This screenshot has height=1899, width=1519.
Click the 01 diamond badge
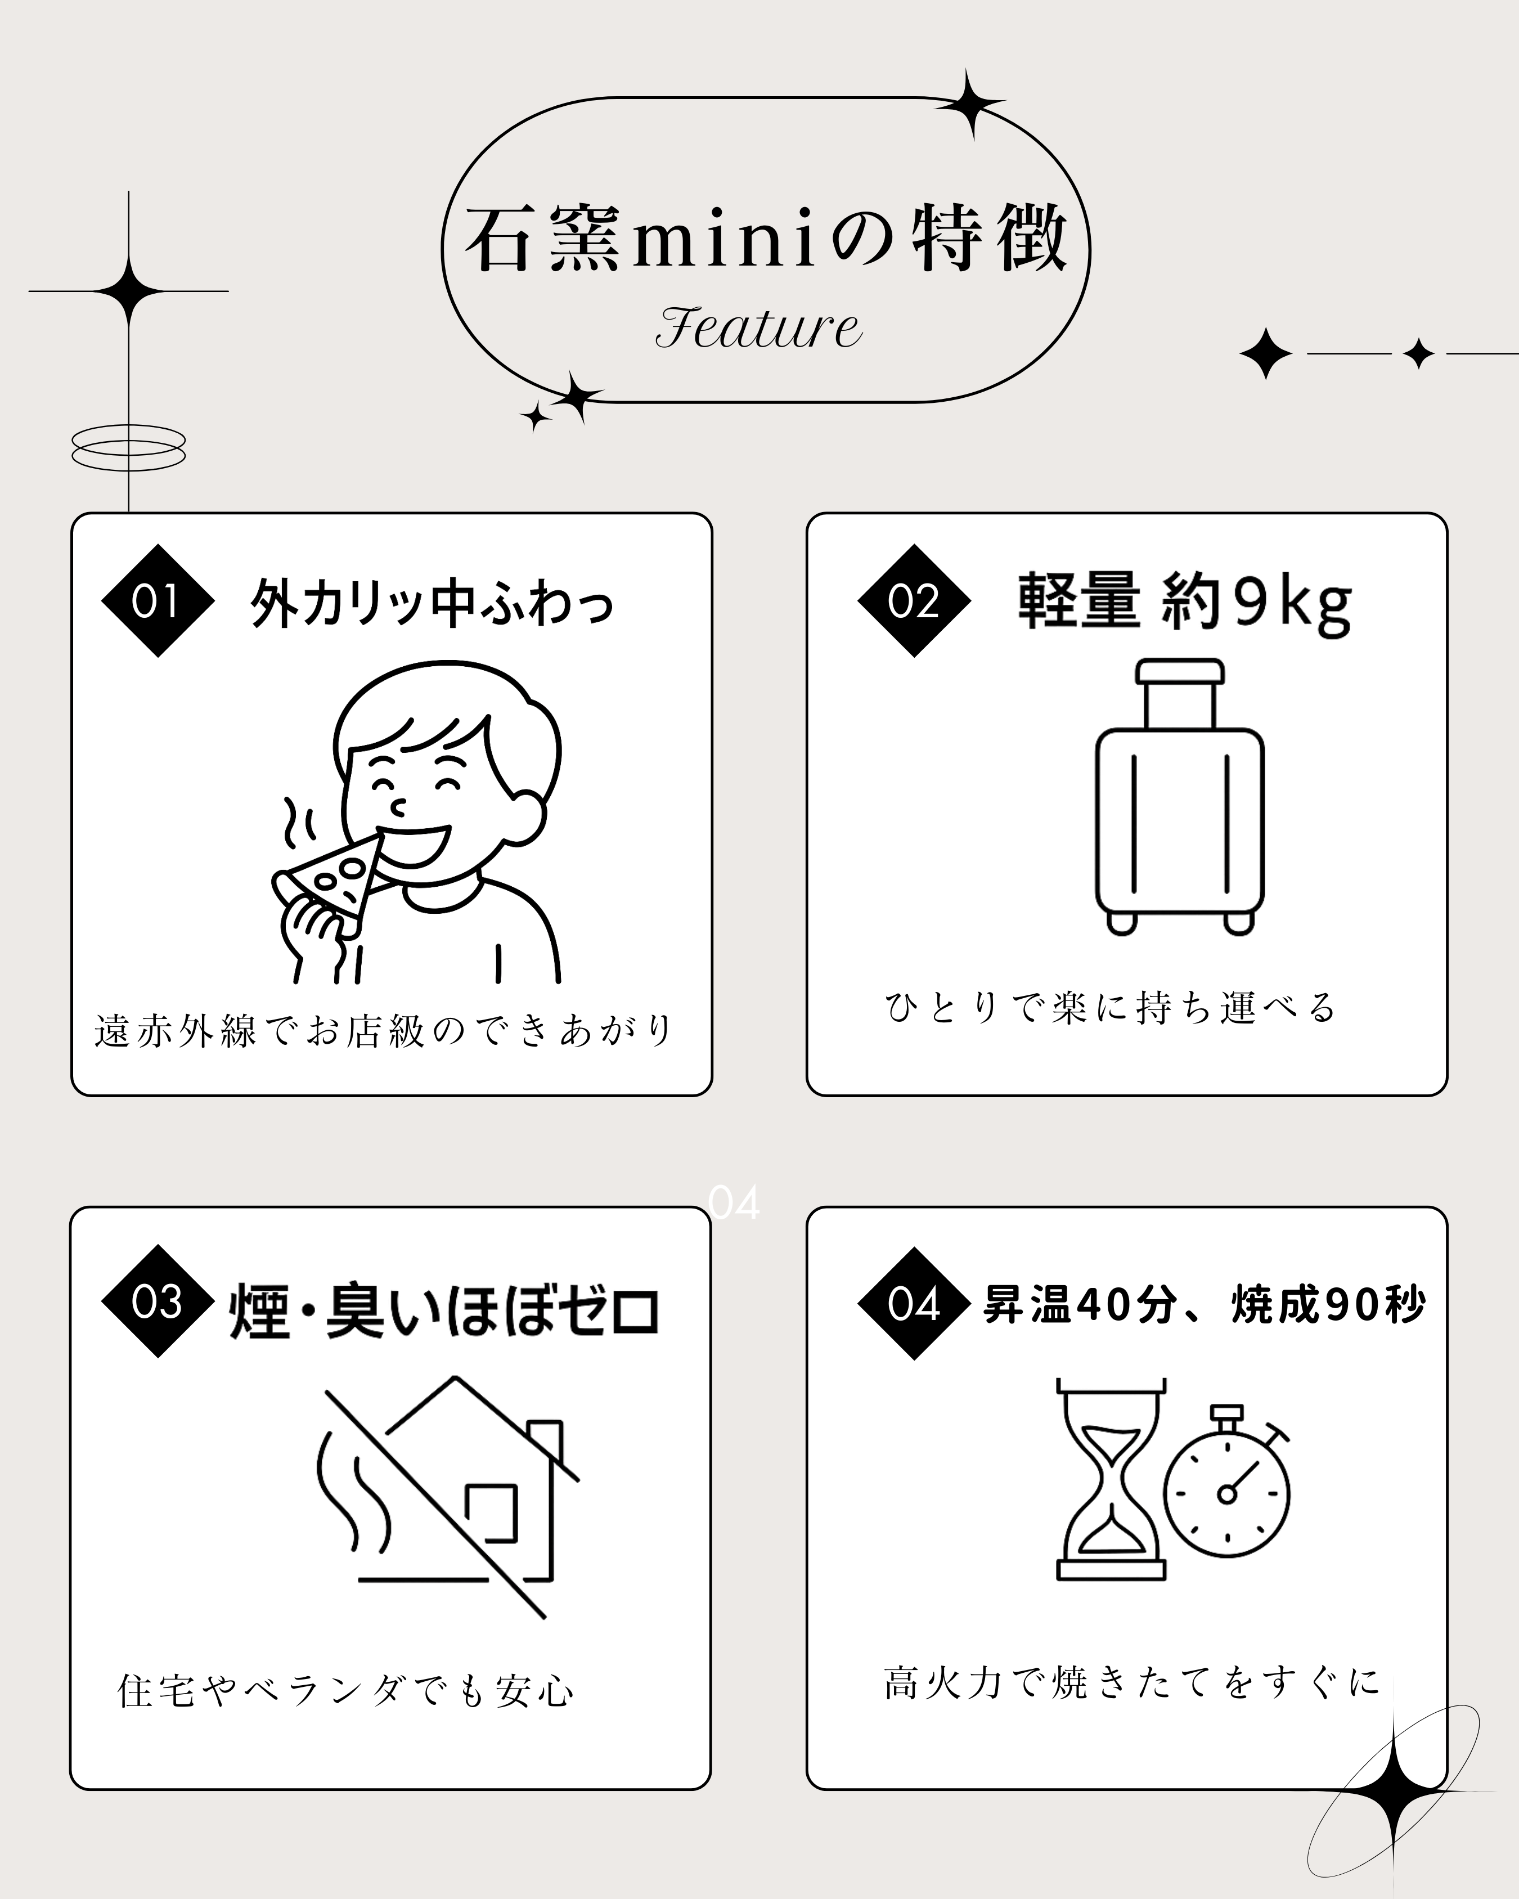click(158, 601)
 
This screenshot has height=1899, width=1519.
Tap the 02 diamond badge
click(914, 601)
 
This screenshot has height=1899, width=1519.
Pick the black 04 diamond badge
click(914, 1304)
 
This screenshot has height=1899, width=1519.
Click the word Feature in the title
click(758, 327)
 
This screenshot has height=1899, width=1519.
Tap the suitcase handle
click(1180, 692)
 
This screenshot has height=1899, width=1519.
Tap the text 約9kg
click(1257, 603)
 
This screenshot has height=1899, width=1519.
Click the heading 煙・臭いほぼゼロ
click(444, 1312)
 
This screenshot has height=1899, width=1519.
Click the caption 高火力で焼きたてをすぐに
click(1131, 1682)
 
